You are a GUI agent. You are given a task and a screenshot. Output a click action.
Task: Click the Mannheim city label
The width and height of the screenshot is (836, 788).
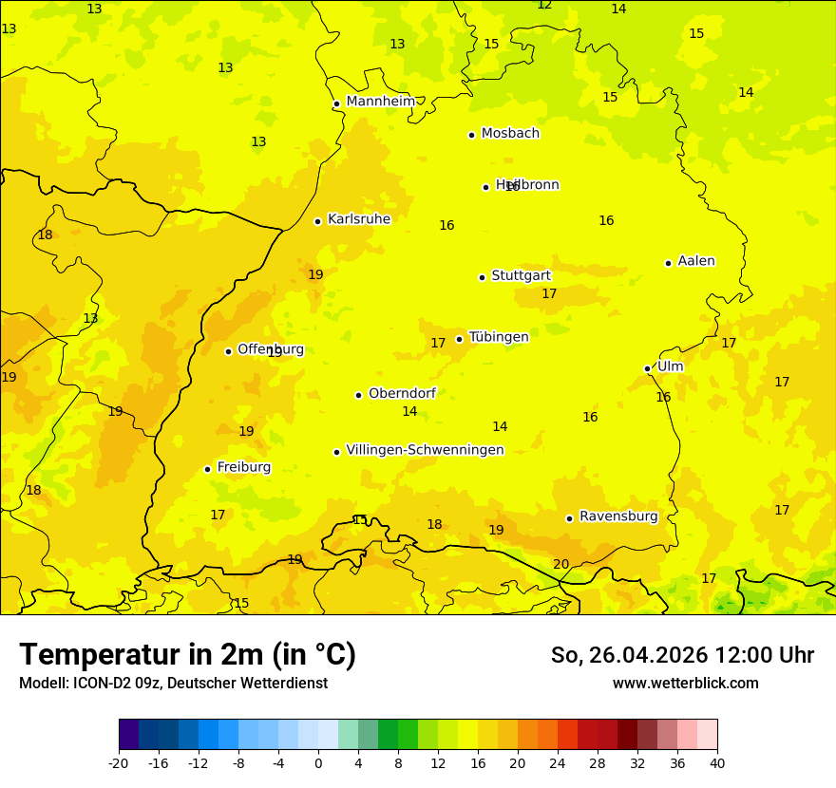point(380,101)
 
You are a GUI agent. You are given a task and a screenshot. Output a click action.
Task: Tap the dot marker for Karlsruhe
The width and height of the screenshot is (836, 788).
point(317,221)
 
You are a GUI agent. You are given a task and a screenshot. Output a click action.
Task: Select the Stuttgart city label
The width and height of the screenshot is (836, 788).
point(521,275)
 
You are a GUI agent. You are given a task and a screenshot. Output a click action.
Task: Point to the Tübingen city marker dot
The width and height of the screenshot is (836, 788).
point(459,339)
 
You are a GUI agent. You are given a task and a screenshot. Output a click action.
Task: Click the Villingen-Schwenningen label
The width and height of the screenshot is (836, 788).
point(425,450)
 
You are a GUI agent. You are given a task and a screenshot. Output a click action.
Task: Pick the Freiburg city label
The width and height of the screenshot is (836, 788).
point(243,467)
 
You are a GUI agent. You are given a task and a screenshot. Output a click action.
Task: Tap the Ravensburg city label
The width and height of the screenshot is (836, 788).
point(618,516)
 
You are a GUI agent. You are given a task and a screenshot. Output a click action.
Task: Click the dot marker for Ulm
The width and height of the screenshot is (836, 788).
point(647,368)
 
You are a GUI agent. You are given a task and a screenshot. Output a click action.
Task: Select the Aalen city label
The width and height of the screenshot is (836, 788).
point(696,261)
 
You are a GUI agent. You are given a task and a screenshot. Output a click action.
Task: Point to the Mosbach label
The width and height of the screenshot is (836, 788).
point(510,133)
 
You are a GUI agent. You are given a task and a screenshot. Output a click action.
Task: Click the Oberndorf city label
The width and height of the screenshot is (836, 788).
point(402,393)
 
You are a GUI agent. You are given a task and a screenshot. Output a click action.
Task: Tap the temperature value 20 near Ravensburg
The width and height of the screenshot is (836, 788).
point(561,564)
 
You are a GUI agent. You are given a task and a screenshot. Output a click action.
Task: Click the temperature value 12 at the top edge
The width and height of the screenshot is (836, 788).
point(544,5)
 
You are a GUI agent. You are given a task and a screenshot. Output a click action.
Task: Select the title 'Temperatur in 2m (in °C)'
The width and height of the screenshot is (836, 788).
point(187,654)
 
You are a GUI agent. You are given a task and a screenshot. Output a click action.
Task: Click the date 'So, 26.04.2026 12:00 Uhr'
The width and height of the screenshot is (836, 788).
point(682,655)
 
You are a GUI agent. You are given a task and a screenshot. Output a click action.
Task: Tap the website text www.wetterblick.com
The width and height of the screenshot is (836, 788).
point(685,683)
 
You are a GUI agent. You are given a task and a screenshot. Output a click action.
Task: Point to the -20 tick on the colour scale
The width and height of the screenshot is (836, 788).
point(119,762)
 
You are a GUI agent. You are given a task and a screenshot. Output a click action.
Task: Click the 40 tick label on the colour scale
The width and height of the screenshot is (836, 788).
point(717,762)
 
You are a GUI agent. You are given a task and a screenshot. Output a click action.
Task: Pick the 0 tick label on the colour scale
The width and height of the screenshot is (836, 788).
point(318,762)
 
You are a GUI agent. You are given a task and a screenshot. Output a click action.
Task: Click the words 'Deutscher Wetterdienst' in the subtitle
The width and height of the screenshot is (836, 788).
point(247,683)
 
